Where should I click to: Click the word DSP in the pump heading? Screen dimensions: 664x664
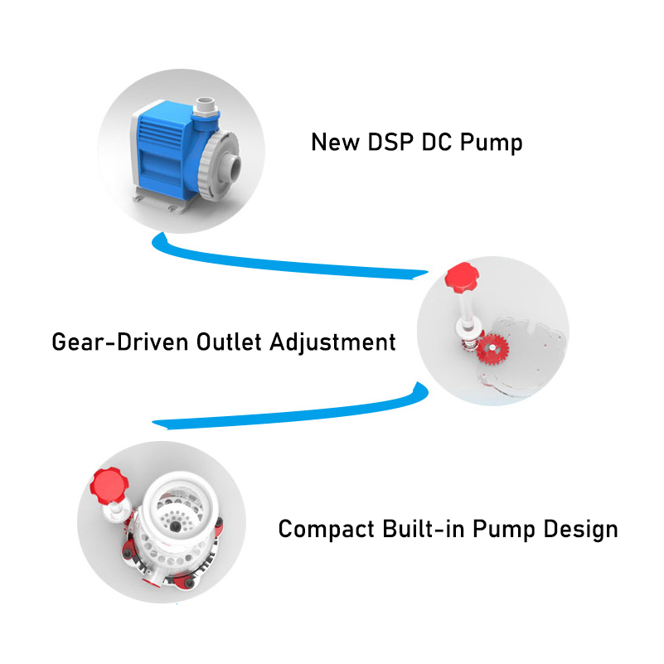(x=390, y=142)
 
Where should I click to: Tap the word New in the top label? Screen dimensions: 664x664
(x=336, y=142)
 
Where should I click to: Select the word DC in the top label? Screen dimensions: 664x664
(x=437, y=142)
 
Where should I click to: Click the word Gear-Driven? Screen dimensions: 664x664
(x=120, y=342)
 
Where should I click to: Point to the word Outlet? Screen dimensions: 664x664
(x=229, y=342)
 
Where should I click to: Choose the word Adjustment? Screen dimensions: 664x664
(x=333, y=342)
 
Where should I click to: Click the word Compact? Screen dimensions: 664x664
(x=326, y=530)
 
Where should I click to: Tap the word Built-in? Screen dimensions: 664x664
(x=424, y=529)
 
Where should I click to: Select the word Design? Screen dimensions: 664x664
(x=580, y=530)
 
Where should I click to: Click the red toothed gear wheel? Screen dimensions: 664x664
(x=492, y=348)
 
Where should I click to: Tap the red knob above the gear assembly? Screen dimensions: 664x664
(x=462, y=278)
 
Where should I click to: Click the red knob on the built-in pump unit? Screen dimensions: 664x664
(x=109, y=486)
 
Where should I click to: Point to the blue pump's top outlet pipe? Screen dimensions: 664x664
(x=206, y=108)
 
